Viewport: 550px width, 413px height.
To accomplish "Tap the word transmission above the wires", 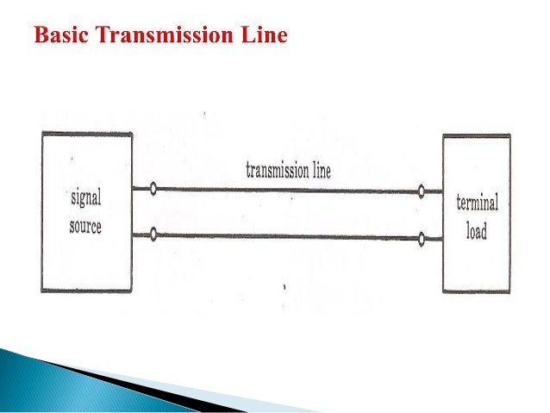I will point(277,169).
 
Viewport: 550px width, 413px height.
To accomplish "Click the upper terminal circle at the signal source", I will point(153,188).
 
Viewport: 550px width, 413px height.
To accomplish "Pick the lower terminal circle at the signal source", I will point(153,231).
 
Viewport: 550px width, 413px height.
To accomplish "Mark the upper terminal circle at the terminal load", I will point(421,191).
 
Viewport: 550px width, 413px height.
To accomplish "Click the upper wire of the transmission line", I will point(284,190).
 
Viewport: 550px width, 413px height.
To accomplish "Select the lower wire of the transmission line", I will point(284,234).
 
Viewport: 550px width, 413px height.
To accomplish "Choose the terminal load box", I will point(476,259).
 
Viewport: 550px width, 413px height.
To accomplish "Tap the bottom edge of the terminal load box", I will point(476,291).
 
